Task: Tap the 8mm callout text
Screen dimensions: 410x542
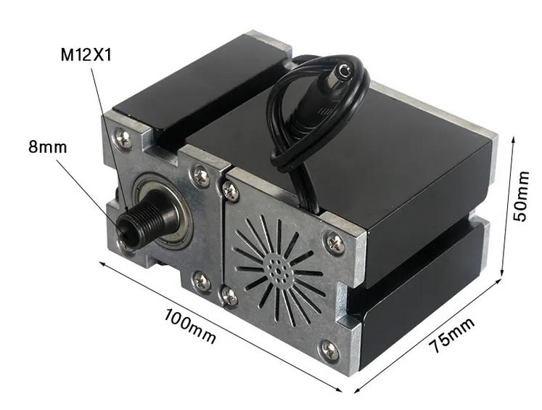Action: [x=47, y=147]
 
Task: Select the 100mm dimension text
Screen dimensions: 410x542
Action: [x=190, y=325]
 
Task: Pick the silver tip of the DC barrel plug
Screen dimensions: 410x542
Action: [x=347, y=71]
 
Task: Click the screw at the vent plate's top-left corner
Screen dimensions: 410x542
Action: [x=231, y=191]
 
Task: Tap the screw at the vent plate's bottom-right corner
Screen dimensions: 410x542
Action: [x=330, y=350]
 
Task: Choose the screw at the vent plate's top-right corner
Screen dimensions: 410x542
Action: [x=335, y=243]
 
